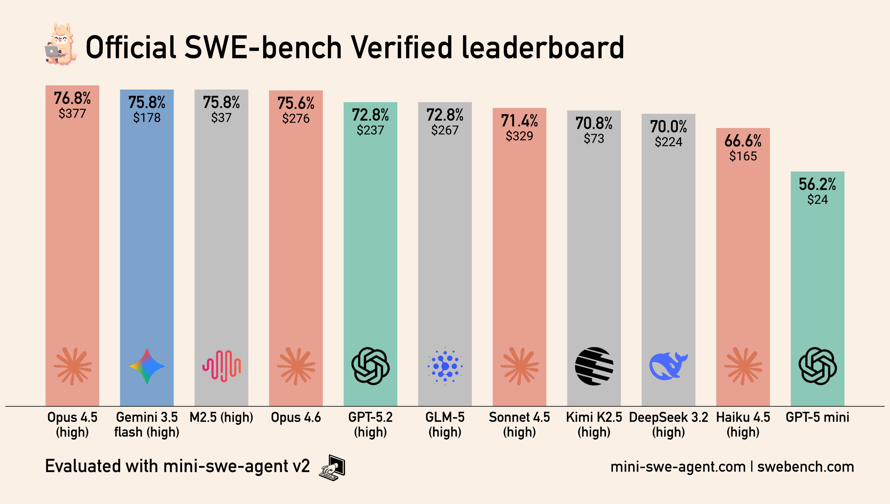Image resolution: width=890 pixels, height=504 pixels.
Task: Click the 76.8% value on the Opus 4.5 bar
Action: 72,98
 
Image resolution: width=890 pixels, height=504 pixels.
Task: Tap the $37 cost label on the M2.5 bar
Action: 221,118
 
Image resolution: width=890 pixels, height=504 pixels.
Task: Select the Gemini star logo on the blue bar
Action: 147,366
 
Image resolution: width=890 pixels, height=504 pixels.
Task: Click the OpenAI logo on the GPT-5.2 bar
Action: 370,366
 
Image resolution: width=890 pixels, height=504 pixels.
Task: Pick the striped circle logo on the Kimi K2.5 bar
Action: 594,366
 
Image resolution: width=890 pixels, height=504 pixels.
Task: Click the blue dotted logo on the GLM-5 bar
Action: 445,366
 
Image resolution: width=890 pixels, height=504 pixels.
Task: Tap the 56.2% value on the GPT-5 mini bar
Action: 817,184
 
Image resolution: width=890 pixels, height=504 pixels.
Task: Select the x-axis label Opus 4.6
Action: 296,418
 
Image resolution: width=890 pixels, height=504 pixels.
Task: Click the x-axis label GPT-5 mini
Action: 817,418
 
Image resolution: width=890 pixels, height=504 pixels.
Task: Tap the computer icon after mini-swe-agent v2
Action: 332,467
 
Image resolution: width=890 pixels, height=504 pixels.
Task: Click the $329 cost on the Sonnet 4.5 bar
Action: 519,136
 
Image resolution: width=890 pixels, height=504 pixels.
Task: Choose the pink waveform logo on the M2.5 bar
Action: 221,366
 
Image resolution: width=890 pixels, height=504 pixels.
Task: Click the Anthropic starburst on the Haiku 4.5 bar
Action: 743,366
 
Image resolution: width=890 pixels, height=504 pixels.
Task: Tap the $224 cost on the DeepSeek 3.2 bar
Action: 669,142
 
